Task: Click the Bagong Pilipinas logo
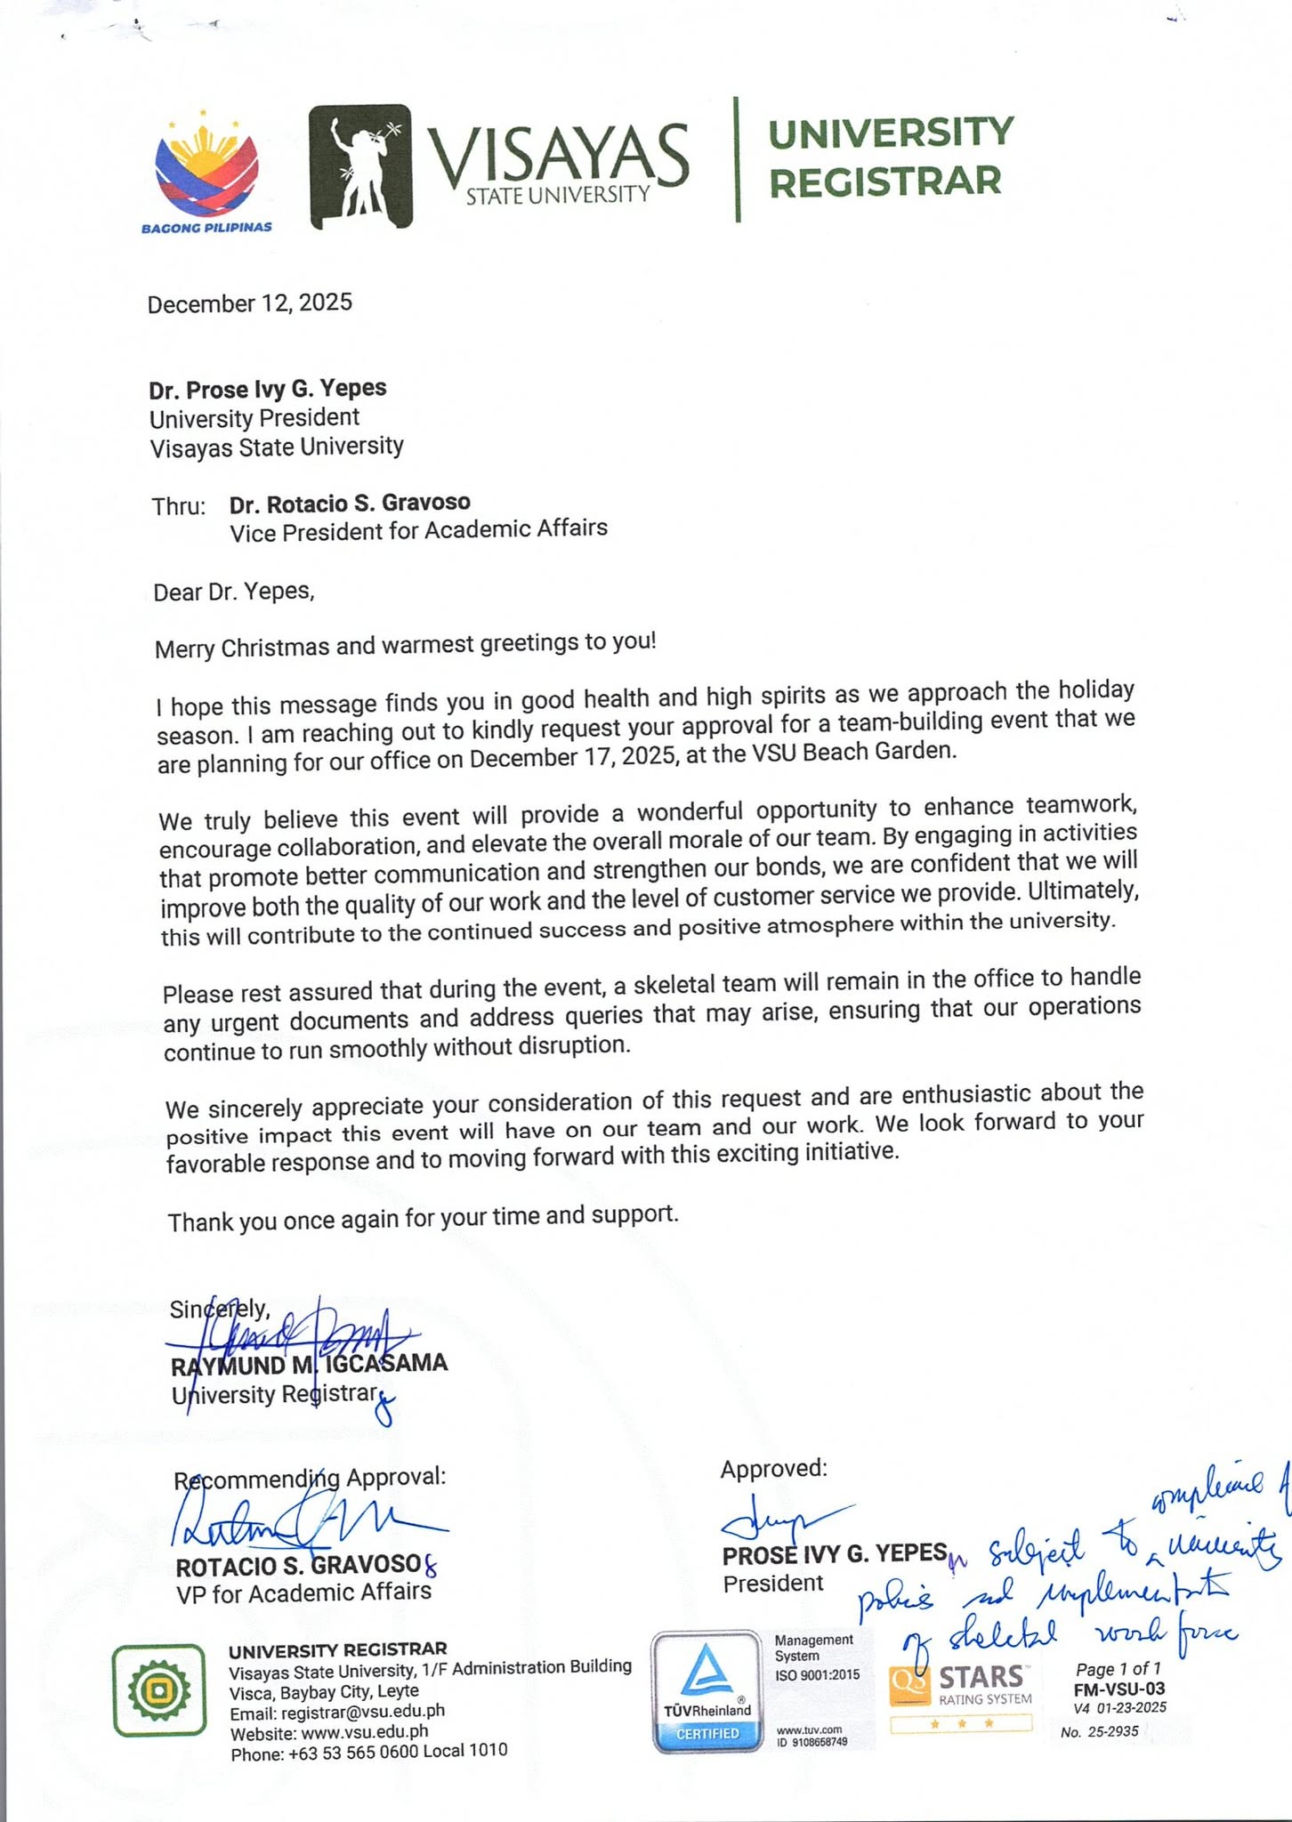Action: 206,173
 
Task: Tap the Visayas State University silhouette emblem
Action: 360,165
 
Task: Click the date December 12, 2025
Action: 250,303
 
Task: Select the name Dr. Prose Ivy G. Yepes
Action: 268,389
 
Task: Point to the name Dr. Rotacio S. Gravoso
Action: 350,504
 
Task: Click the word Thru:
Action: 179,506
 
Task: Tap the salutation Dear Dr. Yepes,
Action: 234,592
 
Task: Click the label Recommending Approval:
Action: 310,1479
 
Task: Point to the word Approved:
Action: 773,1469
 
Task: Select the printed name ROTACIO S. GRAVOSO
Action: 298,1565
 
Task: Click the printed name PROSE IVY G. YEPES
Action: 835,1554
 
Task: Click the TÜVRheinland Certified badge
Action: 707,1691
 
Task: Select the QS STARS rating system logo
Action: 961,1688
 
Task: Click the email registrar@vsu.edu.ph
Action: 337,1711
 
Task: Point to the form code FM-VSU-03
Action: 1119,1689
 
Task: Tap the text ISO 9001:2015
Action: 818,1674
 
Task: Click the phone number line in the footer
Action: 368,1751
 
